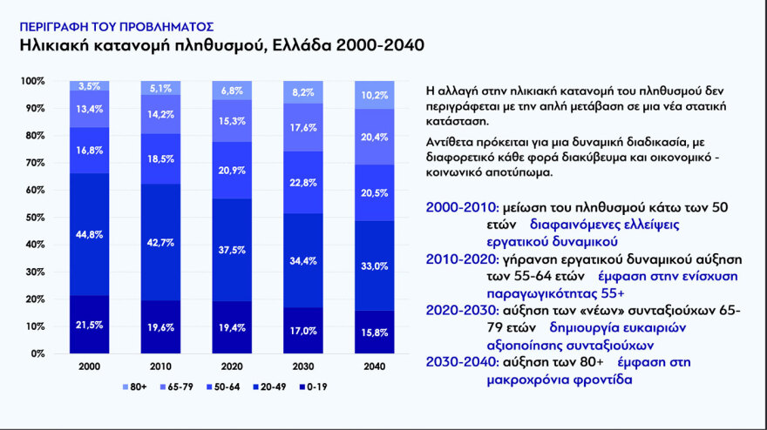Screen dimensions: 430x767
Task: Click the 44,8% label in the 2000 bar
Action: tap(90, 233)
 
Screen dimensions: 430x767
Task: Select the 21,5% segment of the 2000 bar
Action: tap(90, 325)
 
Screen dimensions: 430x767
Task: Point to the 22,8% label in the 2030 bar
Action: tap(303, 182)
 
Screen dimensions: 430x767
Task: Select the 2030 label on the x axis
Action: tap(303, 367)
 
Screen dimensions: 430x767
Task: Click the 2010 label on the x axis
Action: tap(161, 367)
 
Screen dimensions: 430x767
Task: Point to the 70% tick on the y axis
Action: tap(32, 163)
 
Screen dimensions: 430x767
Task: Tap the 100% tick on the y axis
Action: tap(31, 81)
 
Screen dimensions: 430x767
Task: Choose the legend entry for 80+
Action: tap(131, 386)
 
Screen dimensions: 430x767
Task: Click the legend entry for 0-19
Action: tap(314, 386)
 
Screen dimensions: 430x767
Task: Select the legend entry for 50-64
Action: tap(222, 386)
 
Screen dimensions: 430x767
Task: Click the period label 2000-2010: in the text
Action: tap(461, 207)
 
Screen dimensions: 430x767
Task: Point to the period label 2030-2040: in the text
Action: tap(461, 364)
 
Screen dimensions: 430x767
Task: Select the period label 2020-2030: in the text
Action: tap(461, 312)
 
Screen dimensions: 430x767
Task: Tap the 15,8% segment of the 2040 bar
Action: tap(375, 332)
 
